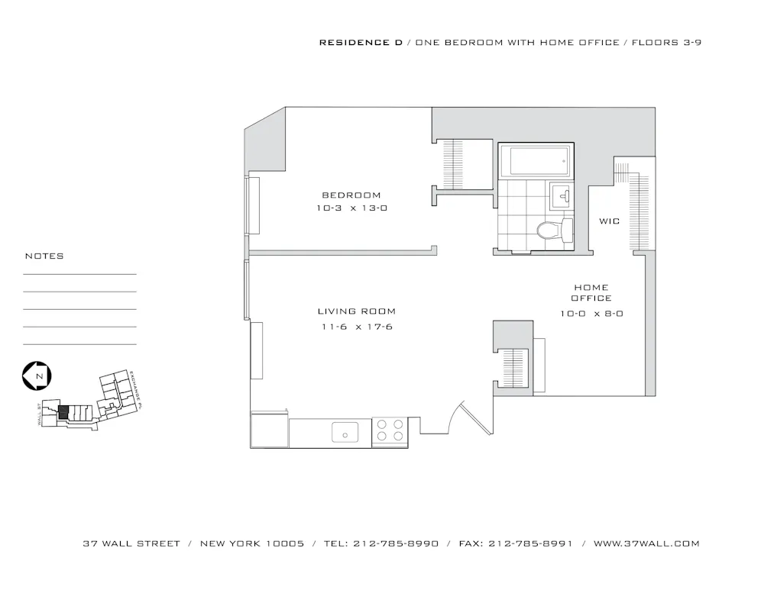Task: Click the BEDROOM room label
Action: click(351, 195)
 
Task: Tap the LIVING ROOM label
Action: click(357, 311)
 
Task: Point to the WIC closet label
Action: click(609, 221)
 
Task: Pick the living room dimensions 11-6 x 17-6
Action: click(357, 327)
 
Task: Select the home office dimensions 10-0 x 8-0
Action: click(591, 313)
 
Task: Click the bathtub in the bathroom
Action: click(539, 161)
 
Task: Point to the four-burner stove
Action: click(390, 432)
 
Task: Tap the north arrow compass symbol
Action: click(37, 376)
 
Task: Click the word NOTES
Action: click(44, 256)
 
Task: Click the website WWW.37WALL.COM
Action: click(646, 544)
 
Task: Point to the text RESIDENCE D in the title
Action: click(361, 43)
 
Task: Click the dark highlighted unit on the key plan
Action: click(64, 411)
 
